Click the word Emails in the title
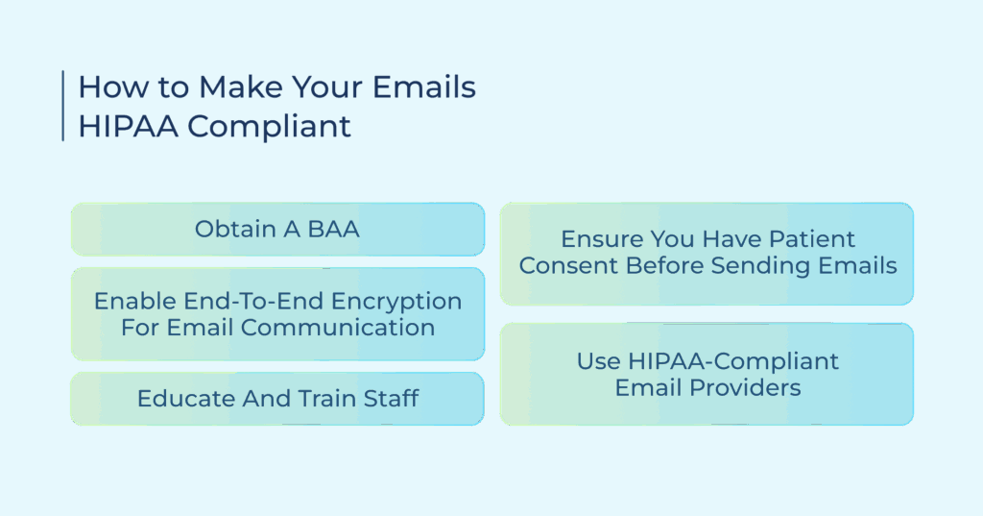423,86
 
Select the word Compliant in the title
269,127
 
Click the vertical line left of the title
63,106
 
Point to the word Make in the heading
241,86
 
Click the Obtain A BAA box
277,229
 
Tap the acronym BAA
333,229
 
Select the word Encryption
396,302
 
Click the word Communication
337,327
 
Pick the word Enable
135,302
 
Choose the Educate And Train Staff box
277,399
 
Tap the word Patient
812,239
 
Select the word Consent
568,265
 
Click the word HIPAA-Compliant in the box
732,362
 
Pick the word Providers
745,388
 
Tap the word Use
599,361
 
